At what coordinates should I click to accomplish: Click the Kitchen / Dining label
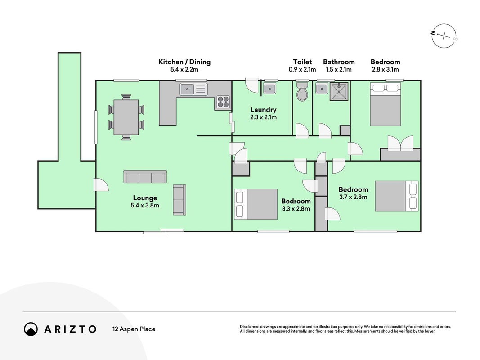click(x=184, y=62)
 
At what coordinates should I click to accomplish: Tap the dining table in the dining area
click(x=126, y=117)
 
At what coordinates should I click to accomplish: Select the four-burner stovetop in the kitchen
click(x=223, y=102)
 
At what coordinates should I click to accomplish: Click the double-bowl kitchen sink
click(x=193, y=89)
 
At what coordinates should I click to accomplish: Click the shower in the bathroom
click(x=339, y=91)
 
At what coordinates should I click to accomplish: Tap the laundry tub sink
click(x=270, y=89)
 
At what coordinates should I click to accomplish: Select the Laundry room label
click(x=263, y=110)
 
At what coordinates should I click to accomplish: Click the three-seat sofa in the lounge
click(x=145, y=177)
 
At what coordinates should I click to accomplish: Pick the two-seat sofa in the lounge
click(x=179, y=200)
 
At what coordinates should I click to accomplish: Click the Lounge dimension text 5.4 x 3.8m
click(x=145, y=205)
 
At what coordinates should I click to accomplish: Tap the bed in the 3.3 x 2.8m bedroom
click(x=256, y=204)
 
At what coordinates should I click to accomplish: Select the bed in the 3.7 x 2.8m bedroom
click(x=397, y=196)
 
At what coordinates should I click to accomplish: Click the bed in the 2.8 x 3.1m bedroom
click(x=386, y=104)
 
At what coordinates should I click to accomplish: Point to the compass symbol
click(x=444, y=36)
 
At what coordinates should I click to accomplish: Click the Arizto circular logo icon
click(x=31, y=329)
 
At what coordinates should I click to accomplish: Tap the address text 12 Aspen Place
click(x=134, y=329)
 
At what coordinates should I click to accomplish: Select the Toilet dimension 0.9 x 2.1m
click(x=302, y=69)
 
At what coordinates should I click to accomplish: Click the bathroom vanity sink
click(x=322, y=89)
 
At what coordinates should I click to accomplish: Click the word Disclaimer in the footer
click(x=249, y=327)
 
